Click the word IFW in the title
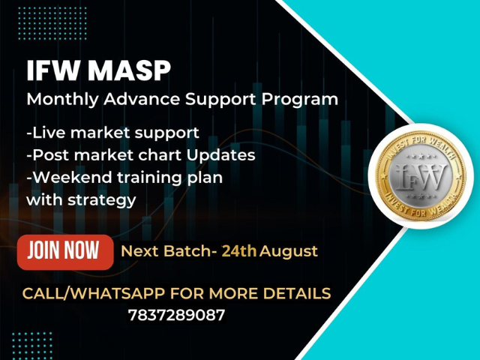pyautogui.click(x=52, y=71)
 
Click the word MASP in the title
pyautogui.click(x=129, y=71)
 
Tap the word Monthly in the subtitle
pyautogui.click(x=58, y=99)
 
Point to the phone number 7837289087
pyautogui.click(x=176, y=315)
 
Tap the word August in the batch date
pyautogui.click(x=289, y=250)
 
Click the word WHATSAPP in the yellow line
pyautogui.click(x=112, y=292)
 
